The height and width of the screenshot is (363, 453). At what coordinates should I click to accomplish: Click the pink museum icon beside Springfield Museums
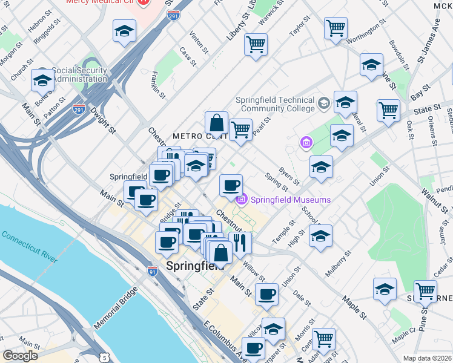click(242, 200)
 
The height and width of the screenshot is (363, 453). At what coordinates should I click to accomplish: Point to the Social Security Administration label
click(81, 74)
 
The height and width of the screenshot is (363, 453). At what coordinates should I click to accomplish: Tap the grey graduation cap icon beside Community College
click(323, 104)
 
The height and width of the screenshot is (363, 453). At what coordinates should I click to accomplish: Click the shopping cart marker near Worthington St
click(336, 28)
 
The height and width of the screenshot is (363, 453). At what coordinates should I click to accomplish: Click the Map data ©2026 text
click(428, 358)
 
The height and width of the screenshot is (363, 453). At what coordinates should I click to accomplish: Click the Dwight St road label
click(102, 120)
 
